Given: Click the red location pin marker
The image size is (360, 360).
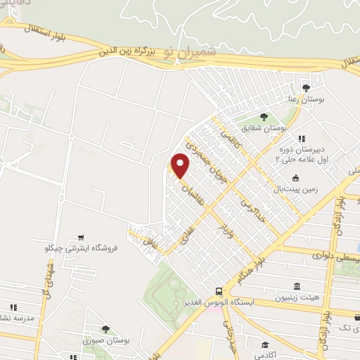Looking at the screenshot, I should point(180,166).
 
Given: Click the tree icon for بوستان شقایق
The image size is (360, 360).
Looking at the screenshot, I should point(264,117).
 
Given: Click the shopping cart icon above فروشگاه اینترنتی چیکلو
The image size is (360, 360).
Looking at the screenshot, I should point(83,236).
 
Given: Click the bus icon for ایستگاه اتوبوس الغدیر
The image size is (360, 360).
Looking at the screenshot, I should point(219,290).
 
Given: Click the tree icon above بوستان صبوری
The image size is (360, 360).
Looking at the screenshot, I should point(105,328).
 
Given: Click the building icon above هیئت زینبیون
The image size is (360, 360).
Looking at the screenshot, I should point(297,288).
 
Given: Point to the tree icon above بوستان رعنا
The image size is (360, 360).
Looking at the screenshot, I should point(306,89).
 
